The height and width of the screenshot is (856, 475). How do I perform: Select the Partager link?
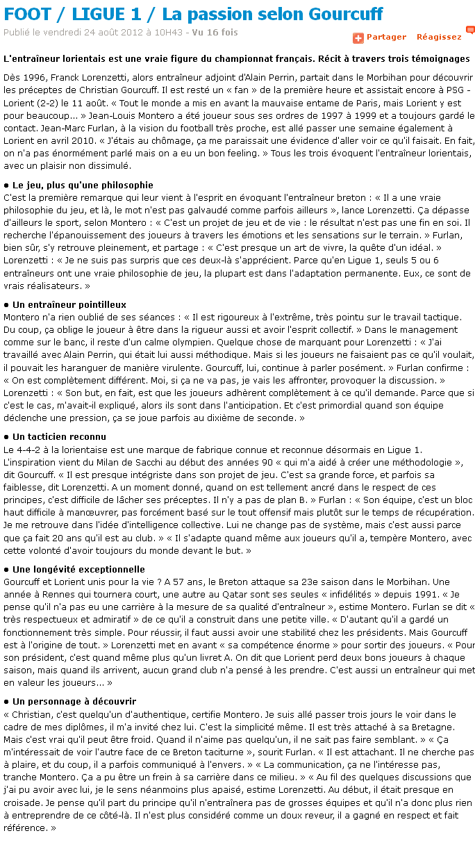click(386, 37)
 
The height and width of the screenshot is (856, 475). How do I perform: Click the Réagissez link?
click(439, 37)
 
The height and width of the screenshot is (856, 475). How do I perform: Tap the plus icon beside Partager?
click(358, 38)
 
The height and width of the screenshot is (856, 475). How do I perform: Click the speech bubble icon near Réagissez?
click(470, 31)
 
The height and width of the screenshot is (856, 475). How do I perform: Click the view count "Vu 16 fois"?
click(215, 33)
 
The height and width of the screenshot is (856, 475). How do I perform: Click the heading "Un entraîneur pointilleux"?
click(69, 304)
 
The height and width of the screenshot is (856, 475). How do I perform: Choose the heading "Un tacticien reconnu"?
click(59, 436)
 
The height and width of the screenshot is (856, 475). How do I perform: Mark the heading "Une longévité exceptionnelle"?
click(78, 569)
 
